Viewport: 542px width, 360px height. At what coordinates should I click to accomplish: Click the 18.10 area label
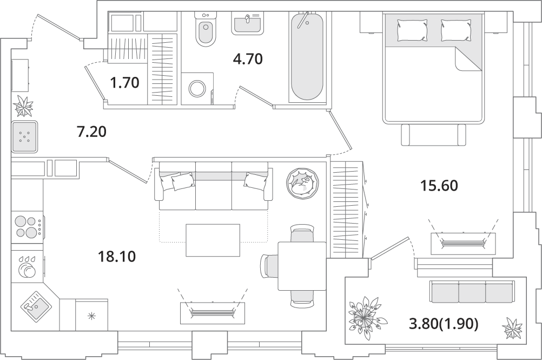[116, 257]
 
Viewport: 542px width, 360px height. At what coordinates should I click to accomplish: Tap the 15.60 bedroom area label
[439, 186]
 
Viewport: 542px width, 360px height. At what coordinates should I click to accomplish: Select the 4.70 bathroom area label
[248, 59]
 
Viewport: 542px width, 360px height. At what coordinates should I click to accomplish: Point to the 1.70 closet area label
[124, 83]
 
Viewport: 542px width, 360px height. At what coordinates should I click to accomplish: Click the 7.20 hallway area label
[91, 132]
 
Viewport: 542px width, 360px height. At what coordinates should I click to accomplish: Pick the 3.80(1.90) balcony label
[444, 324]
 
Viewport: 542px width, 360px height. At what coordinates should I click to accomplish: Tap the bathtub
[307, 56]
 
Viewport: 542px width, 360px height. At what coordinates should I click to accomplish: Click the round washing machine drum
[197, 88]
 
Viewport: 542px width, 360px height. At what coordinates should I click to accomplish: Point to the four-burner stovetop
[28, 226]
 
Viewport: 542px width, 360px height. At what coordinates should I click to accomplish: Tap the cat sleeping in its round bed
[302, 182]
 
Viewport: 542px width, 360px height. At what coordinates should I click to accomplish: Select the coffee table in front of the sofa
[213, 240]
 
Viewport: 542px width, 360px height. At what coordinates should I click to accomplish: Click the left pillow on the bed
[412, 30]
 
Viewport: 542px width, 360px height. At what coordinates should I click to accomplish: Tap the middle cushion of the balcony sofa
[472, 292]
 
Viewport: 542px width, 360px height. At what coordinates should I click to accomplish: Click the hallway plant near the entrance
[24, 106]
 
